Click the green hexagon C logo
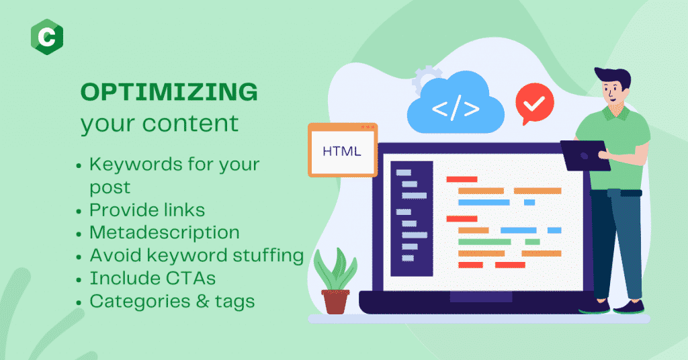pos(47,37)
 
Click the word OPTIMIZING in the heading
pos(169,92)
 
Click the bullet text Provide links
pos(147,210)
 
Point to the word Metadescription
pos(165,233)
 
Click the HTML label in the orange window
pos(342,151)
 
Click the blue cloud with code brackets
pos(456,103)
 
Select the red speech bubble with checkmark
pos(534,103)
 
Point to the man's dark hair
pos(614,77)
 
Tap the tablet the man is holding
pos(585,155)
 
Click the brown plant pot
pos(335,302)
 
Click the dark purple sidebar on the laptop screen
pos(412,218)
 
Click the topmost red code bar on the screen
pos(462,179)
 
